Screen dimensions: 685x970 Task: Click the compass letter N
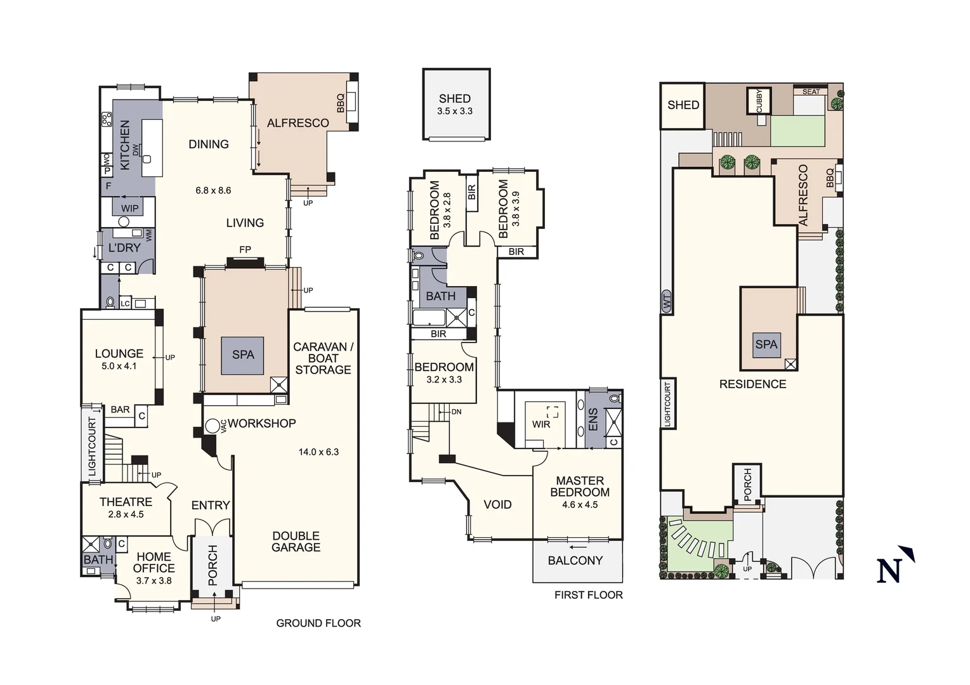(x=889, y=570)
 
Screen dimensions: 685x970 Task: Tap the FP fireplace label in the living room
(x=245, y=250)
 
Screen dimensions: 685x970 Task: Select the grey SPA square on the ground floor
(x=242, y=355)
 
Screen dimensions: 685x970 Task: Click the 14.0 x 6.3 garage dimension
(x=318, y=452)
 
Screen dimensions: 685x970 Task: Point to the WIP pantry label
(x=129, y=208)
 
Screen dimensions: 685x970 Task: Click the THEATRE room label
(x=126, y=502)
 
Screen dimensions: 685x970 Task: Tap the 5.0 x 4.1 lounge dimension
(x=119, y=366)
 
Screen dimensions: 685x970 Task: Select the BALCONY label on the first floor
(x=575, y=561)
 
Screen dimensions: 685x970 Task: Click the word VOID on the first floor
(x=497, y=505)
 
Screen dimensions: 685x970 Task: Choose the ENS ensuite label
(x=593, y=420)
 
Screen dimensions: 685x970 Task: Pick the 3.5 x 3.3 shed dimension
(x=455, y=111)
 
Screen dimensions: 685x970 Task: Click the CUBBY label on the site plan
(x=759, y=100)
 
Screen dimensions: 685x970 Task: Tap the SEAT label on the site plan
(x=811, y=92)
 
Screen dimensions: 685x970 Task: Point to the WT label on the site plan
(x=667, y=302)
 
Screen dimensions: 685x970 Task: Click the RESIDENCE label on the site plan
(x=752, y=384)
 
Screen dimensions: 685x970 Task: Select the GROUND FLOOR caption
(x=318, y=623)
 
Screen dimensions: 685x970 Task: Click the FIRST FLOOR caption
(x=589, y=595)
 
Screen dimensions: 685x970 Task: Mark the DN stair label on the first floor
(x=456, y=412)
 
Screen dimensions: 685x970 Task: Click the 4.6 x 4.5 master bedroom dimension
(x=580, y=505)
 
